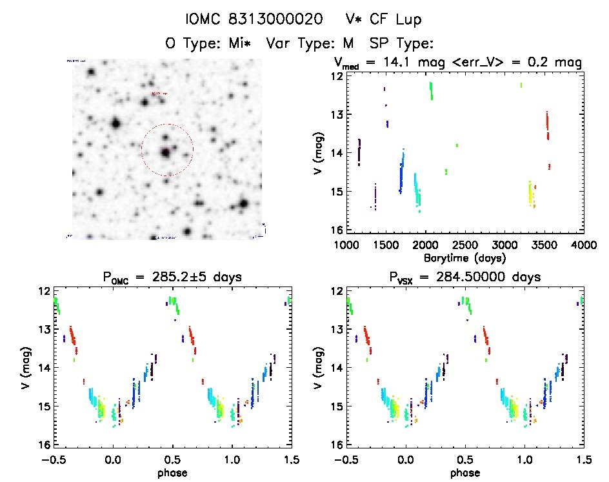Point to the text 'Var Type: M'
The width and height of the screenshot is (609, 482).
[314, 43]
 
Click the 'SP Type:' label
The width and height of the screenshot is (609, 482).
[401, 43]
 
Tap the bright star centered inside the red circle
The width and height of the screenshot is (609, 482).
[166, 152]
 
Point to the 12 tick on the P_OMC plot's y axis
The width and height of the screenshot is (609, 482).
[45, 291]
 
